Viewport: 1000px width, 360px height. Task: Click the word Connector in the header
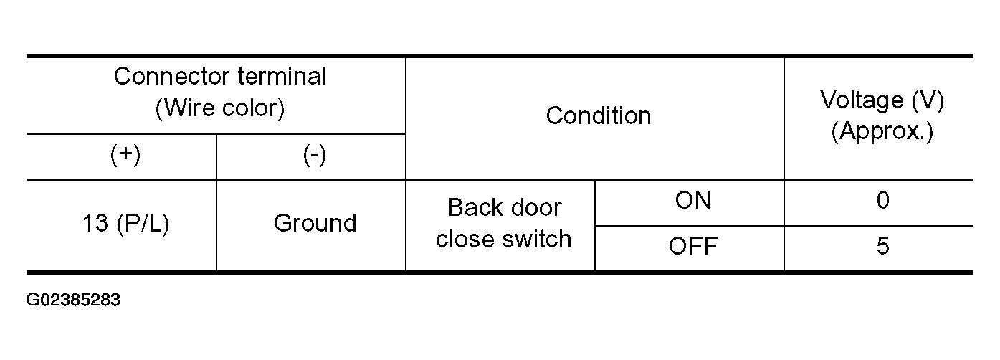coord(172,77)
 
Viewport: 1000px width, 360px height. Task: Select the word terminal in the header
coord(282,76)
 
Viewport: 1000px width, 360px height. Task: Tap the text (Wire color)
coord(220,108)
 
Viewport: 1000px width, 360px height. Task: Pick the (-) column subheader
coord(315,156)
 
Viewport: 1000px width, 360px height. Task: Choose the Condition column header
coord(599,116)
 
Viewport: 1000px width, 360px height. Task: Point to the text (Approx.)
coord(882,131)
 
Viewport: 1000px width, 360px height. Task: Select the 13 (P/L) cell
coord(126,223)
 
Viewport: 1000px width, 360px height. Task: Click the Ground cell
coord(315,223)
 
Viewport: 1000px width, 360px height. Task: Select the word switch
coord(537,239)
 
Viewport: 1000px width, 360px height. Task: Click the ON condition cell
coord(693,200)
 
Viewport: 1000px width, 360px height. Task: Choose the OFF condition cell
coord(693,246)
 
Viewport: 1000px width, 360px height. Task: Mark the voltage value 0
coord(883,200)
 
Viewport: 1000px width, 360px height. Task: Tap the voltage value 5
coord(883,246)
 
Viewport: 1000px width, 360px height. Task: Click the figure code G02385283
coord(73,300)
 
